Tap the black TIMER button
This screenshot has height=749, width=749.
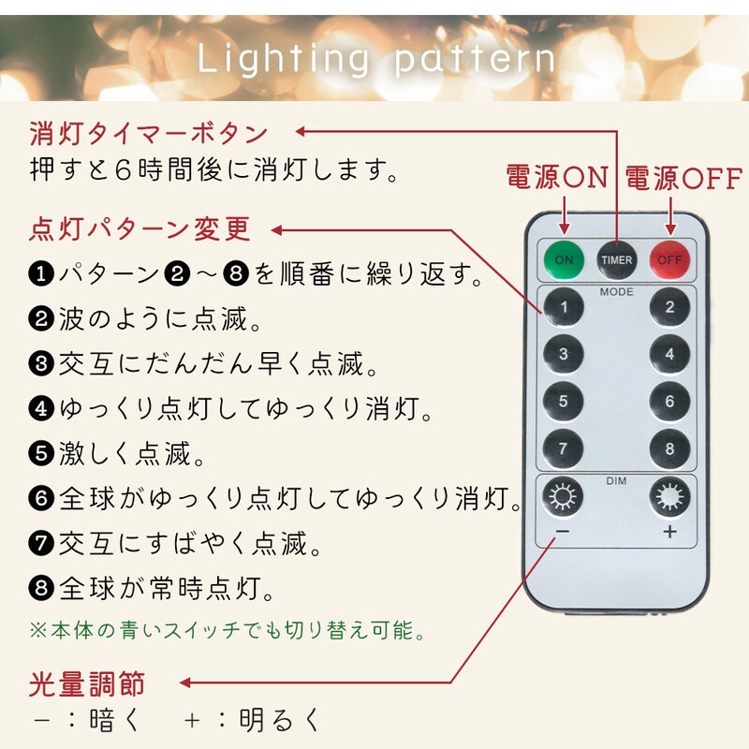coord(616,260)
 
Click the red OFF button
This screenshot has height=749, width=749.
coord(669,260)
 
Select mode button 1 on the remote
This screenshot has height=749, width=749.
coord(564,307)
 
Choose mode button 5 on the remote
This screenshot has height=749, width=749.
coord(564,401)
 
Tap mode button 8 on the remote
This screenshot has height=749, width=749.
coord(669,448)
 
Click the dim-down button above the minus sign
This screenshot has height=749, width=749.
coord(563,496)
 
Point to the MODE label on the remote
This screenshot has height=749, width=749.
coord(616,291)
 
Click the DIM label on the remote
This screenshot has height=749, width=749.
coord(616,480)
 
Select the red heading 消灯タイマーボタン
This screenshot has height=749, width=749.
coord(148,133)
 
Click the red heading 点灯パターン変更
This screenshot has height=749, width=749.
coord(140,229)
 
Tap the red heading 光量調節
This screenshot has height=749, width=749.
coord(87,683)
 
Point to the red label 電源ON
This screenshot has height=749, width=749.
coord(557,177)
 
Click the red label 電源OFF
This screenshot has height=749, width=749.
coord(683,178)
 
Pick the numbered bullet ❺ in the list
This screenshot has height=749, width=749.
coord(41,453)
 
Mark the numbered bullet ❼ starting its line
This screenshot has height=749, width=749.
coord(41,543)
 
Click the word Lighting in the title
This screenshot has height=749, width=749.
coord(284,59)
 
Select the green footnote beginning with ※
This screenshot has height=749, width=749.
coord(228,630)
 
